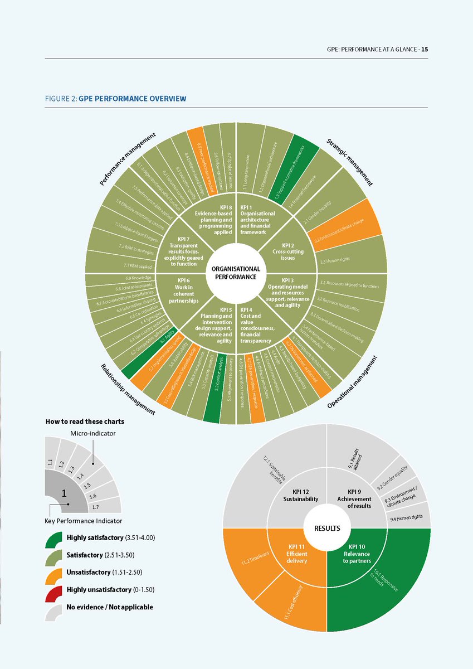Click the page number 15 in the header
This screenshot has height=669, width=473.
coord(425,49)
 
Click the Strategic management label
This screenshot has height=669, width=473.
coord(349,162)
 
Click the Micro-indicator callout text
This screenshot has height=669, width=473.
coord(92,434)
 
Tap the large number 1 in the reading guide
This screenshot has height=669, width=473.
coord(64,493)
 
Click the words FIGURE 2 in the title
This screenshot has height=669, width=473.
coord(61,99)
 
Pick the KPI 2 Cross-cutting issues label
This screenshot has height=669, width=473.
coord(292,248)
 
